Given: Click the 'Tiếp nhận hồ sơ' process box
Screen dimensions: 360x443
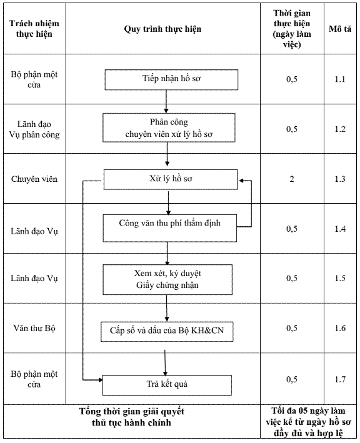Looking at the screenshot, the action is [x=171, y=80].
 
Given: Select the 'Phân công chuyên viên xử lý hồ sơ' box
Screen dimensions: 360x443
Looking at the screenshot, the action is [x=169, y=127].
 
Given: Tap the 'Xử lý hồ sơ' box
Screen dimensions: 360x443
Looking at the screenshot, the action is [x=171, y=179].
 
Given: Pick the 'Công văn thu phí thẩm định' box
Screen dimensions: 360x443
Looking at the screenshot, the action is [x=169, y=228].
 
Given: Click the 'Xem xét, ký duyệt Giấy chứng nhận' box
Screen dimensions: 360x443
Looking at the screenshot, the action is [x=167, y=280].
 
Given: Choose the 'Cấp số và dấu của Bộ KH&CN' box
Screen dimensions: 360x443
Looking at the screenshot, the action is [x=167, y=331].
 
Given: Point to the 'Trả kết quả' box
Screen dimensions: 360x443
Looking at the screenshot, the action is [x=167, y=385].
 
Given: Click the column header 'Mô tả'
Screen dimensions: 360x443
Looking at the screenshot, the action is [x=340, y=29].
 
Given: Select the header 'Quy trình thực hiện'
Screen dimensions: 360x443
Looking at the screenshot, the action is [x=162, y=29].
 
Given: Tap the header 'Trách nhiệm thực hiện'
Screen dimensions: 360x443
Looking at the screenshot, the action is [x=34, y=29].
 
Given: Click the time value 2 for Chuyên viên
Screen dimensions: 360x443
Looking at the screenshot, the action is [x=292, y=179].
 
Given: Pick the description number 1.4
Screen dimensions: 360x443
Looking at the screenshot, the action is [x=340, y=229].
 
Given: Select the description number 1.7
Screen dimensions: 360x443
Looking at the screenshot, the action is [x=340, y=379].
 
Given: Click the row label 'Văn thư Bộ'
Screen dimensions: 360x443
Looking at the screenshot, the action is [x=34, y=328].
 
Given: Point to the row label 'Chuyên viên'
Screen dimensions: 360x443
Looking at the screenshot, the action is [x=34, y=179].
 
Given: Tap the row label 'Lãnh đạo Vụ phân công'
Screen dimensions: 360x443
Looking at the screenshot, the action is [x=34, y=129].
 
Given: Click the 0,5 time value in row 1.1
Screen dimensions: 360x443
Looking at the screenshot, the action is [x=292, y=79].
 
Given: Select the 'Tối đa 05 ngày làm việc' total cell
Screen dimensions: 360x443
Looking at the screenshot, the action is [x=308, y=422].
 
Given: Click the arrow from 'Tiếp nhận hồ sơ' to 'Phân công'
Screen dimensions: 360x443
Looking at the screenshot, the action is [x=166, y=102].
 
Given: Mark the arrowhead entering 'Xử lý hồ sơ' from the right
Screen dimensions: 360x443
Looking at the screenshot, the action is [x=241, y=180].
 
